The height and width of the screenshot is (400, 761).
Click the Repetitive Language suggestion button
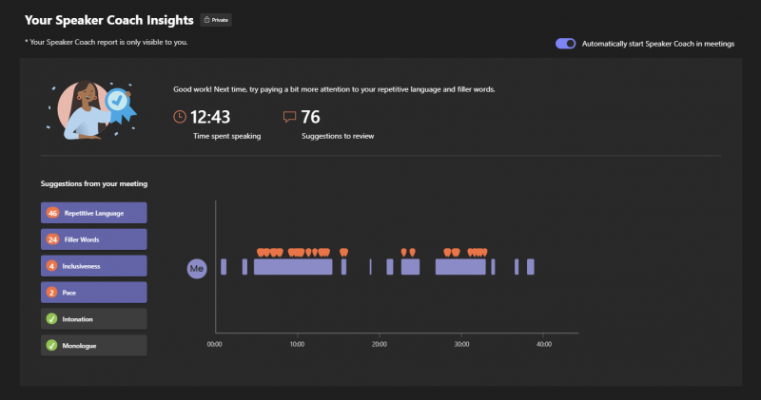[93, 213]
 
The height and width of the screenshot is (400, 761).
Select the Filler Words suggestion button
[93, 239]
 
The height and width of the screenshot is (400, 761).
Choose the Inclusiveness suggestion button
[93, 266]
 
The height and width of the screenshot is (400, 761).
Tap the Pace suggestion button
[93, 293]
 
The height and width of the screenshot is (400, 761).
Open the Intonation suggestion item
[93, 319]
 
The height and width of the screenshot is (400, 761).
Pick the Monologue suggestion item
[93, 346]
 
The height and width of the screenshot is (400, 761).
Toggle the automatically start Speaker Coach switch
[566, 44]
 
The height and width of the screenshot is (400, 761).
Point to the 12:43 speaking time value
[211, 117]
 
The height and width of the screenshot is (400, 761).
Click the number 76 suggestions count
[310, 117]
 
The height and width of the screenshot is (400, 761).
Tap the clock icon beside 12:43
[180, 117]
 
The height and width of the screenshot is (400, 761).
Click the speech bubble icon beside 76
[289, 117]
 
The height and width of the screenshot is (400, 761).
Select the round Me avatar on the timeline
[197, 269]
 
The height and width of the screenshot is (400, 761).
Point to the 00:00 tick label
[214, 343]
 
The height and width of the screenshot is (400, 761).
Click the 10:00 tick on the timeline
[297, 343]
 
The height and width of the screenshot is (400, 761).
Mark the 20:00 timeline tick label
[379, 343]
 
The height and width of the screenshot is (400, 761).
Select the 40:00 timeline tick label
[543, 343]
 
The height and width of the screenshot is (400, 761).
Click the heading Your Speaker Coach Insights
[108, 19]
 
